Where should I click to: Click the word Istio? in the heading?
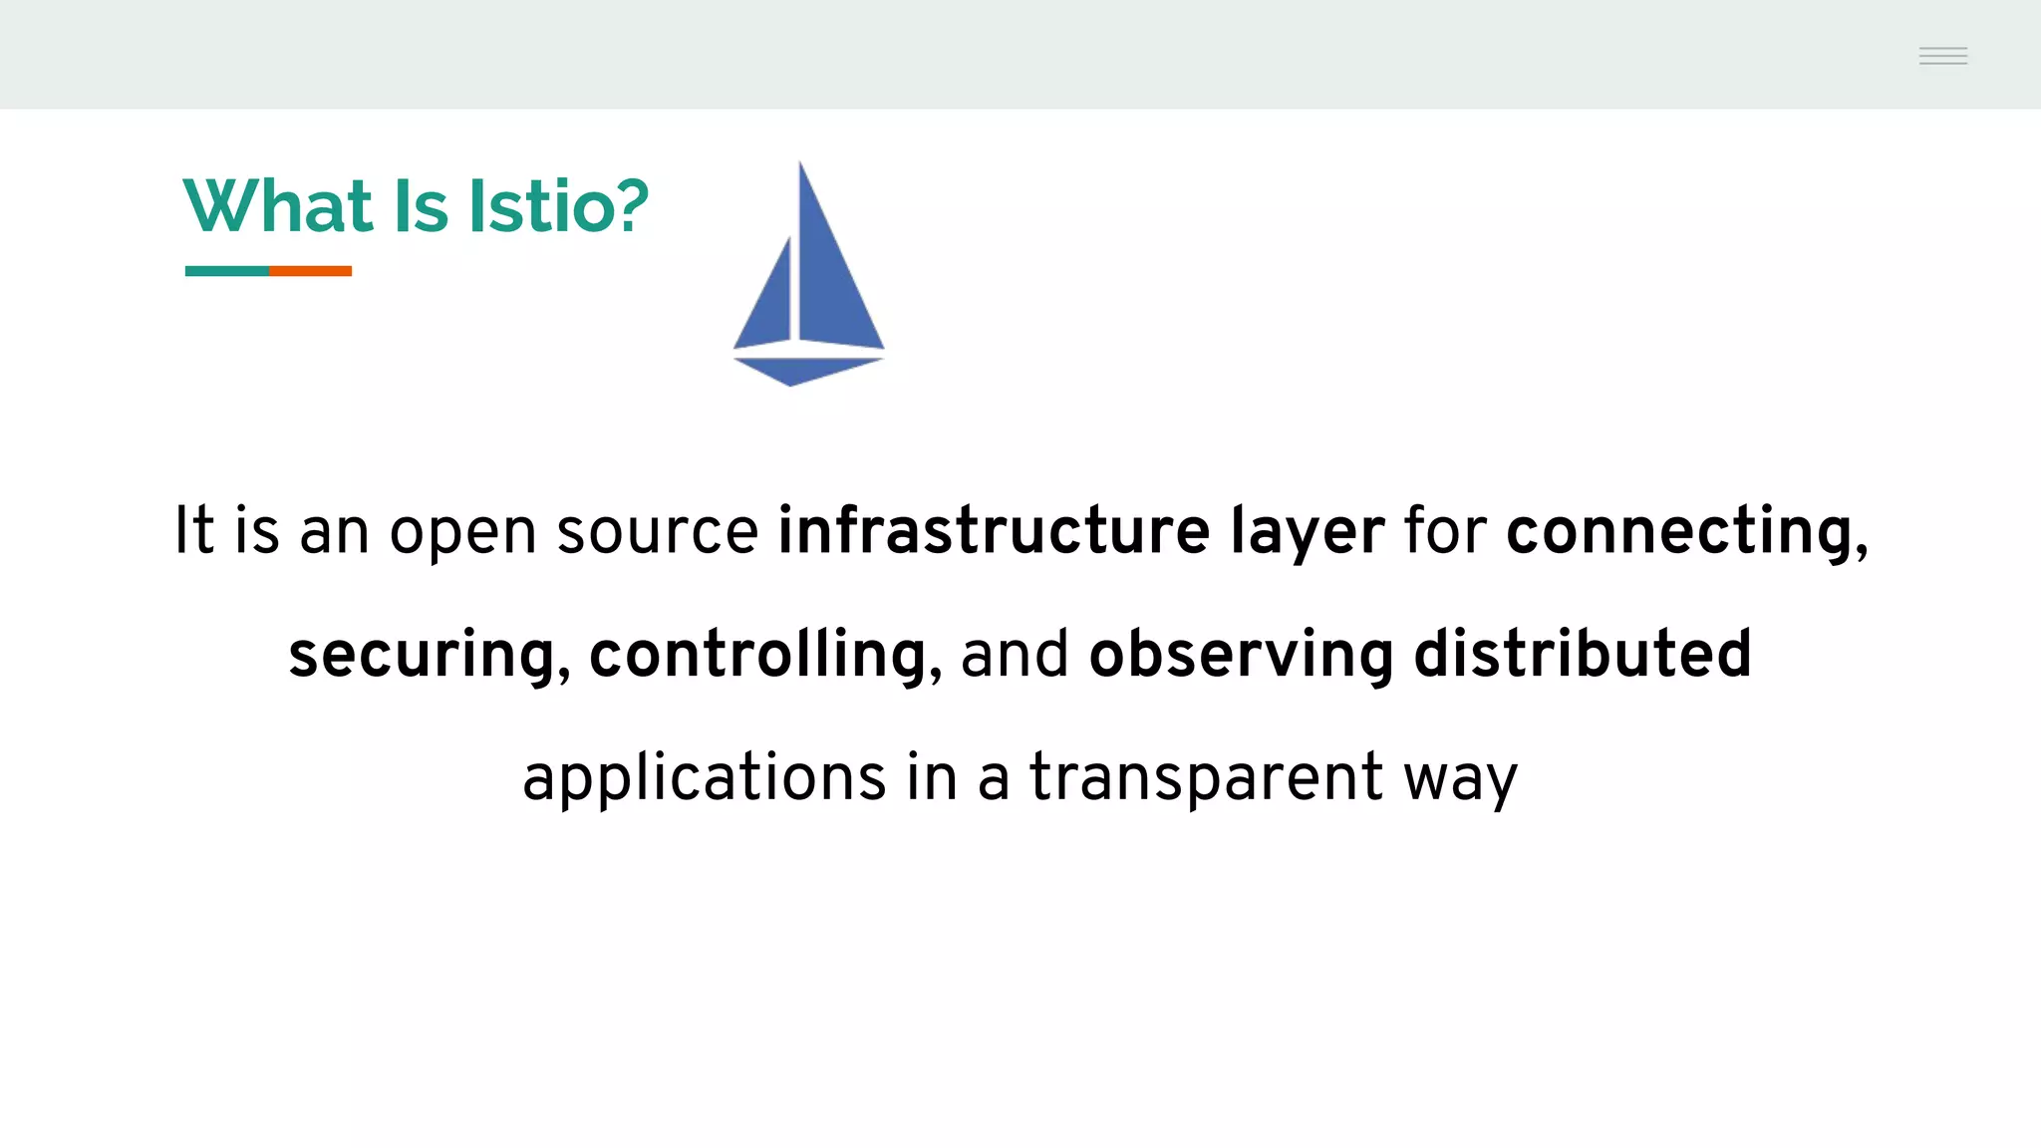click(558, 206)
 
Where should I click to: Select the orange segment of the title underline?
click(310, 271)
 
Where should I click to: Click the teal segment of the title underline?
click(227, 271)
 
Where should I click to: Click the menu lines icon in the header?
click(1943, 56)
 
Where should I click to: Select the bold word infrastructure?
click(994, 530)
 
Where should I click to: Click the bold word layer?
click(1307, 532)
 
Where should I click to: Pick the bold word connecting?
click(1679, 532)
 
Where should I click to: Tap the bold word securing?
click(422, 656)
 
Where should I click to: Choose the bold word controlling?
click(757, 656)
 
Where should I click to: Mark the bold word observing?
click(1242, 656)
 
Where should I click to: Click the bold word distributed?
click(1583, 654)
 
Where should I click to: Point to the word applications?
click(704, 779)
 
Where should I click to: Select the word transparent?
click(1206, 779)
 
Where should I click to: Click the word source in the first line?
click(658, 532)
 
